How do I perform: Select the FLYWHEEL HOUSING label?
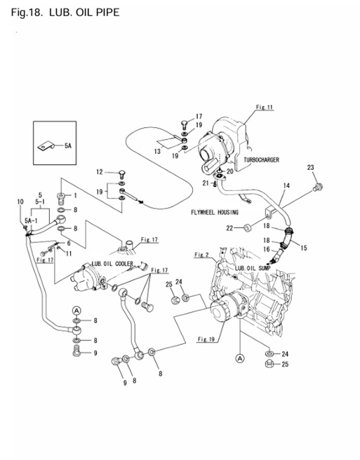tap(214, 212)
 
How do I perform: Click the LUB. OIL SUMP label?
tap(253, 268)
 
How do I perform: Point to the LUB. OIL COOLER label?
tap(112, 265)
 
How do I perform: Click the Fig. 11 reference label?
tap(264, 107)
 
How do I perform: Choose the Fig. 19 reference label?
tap(206, 339)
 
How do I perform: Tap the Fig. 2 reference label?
tap(202, 254)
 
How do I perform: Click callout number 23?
tap(310, 167)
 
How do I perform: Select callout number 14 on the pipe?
tap(286, 186)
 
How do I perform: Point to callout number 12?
tap(99, 172)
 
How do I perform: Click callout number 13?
tap(158, 151)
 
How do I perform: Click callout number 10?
tap(20, 202)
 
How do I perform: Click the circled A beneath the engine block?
tap(239, 357)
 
